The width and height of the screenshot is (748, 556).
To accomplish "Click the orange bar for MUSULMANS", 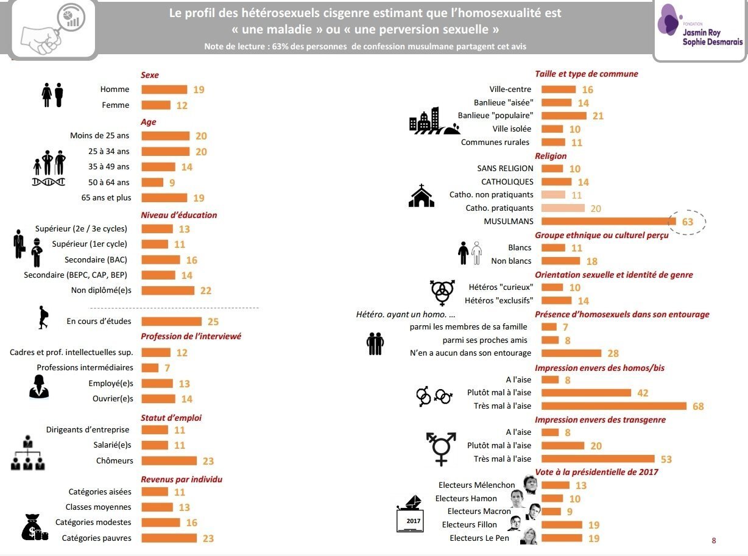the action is [609, 221].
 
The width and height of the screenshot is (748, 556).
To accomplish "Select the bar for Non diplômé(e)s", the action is [168, 290].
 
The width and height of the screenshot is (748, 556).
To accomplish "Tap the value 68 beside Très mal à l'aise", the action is [698, 406].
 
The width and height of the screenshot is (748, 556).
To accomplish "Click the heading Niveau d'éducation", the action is [178, 215].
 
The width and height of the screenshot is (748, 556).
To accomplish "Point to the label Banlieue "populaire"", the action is [495, 115].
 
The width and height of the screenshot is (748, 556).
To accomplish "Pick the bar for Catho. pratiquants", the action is [563, 208].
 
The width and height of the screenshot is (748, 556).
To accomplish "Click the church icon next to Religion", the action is [422, 195].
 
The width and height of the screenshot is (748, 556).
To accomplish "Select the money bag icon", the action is [35, 527].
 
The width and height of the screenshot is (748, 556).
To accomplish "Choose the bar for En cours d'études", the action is [171, 322].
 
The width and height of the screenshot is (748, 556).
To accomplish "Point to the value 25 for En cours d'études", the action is [213, 322].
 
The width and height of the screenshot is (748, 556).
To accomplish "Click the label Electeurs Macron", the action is [479, 512].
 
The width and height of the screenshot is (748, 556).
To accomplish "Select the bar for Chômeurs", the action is [169, 460].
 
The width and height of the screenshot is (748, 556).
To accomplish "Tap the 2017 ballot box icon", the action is [410, 513].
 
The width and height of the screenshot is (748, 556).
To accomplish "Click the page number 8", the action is [714, 541].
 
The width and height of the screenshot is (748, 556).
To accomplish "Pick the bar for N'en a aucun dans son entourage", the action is [571, 353].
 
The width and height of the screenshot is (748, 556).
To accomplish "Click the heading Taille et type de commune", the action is [587, 74].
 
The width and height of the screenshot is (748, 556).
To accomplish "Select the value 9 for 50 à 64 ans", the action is [172, 183].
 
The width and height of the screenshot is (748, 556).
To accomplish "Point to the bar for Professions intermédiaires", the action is [150, 367].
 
